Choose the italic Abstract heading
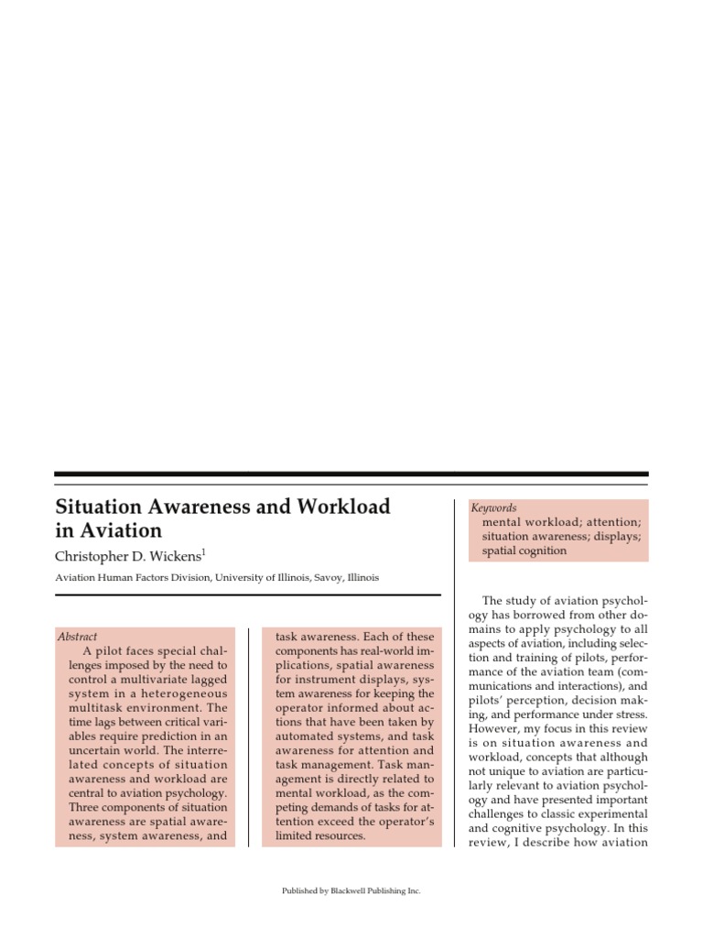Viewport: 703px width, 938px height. tap(77, 637)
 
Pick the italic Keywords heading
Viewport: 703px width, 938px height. tap(493, 507)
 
